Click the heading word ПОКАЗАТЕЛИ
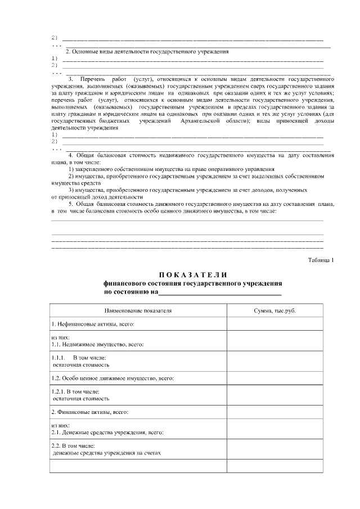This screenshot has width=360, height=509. click(193, 275)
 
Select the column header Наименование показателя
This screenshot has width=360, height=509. click(138, 310)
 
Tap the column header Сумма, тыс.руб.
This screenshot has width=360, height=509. click(275, 310)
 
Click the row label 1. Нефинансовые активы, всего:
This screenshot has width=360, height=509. click(93, 325)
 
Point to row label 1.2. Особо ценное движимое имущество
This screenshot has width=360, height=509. click(112, 378)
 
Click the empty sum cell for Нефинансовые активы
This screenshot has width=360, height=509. click(275, 325)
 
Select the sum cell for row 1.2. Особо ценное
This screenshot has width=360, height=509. click(275, 378)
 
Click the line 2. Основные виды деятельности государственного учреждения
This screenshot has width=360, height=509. click(147, 52)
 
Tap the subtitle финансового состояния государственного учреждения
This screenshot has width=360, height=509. click(193, 284)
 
